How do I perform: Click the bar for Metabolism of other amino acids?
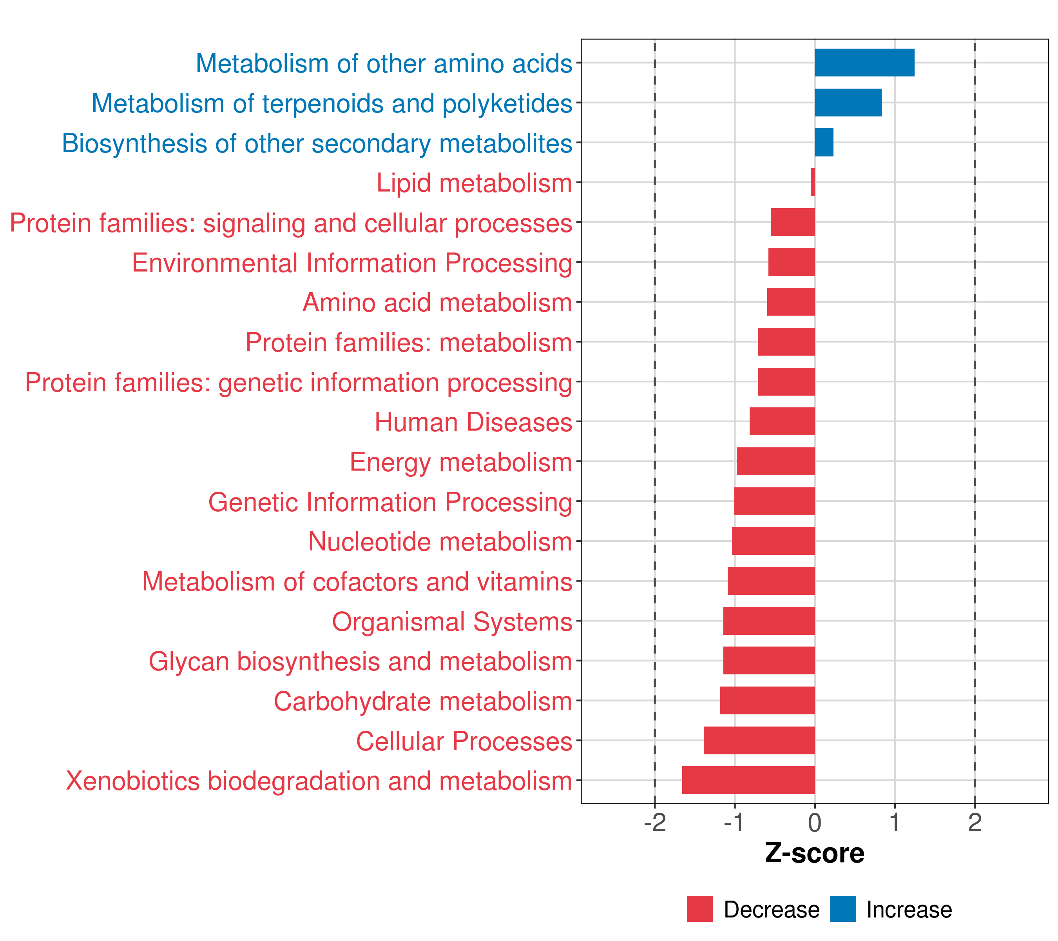pos(864,63)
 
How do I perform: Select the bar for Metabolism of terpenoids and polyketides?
pos(848,103)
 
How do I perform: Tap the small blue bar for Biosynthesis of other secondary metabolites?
pos(824,142)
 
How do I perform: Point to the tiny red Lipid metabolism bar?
pos(813,182)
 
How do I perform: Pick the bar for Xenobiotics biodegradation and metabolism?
pos(748,780)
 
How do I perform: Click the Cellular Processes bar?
pos(759,740)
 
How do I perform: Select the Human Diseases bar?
pos(782,421)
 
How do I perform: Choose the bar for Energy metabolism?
pos(775,461)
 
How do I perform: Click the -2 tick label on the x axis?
pos(655,823)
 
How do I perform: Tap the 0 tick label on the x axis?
pos(815,823)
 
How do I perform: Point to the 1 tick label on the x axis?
pos(895,823)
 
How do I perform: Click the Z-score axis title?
pos(815,854)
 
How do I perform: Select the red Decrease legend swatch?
pos(700,909)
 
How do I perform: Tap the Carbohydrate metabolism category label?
pos(423,701)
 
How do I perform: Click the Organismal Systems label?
pos(452,621)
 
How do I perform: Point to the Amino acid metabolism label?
pos(437,302)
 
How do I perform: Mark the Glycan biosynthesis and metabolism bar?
pos(769,660)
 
